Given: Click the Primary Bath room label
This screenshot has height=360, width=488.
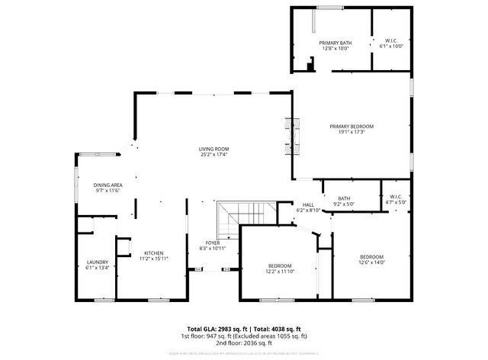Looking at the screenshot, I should click(x=335, y=43).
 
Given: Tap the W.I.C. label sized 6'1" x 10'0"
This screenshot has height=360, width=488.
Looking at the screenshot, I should click(x=390, y=40).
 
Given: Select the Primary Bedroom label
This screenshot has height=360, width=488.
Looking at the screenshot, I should click(x=352, y=126).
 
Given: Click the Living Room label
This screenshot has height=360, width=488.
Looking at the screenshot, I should click(x=213, y=149).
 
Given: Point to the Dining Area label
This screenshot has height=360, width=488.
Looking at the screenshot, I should click(x=108, y=185).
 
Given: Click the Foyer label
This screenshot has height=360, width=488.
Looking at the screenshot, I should click(x=213, y=243).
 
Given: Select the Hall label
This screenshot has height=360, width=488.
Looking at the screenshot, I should click(x=308, y=204).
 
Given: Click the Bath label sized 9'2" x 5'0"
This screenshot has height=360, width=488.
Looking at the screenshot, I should click(x=345, y=198).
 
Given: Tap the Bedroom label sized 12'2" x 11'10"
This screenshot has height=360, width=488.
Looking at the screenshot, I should click(x=279, y=265).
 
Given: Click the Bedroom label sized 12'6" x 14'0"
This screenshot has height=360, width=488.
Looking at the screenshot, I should click(x=371, y=256).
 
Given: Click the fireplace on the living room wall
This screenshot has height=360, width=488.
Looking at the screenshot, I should click(x=290, y=137).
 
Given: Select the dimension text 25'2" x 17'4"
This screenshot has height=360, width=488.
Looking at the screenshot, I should click(x=213, y=155).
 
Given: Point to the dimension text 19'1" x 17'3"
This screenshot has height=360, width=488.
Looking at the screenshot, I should click(x=352, y=132).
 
